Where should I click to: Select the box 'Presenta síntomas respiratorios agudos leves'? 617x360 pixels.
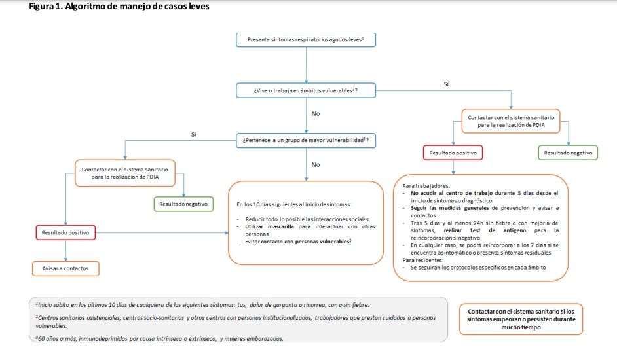coord(306,39)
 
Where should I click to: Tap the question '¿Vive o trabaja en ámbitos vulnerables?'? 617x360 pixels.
coord(306,88)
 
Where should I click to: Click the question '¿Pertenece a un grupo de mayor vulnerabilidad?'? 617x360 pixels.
coord(306,141)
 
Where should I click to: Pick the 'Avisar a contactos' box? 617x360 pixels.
coord(65,268)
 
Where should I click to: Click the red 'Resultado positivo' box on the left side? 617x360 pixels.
coord(65,232)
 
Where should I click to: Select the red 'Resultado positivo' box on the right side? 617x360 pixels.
coord(453,153)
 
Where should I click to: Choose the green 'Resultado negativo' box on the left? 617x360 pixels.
coord(184,204)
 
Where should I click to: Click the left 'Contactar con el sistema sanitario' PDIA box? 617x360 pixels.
coord(125,172)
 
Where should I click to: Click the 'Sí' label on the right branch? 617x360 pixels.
coord(446,84)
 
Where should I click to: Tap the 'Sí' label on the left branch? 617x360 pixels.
coord(193,134)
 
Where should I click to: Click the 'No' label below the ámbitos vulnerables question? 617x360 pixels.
coord(316,113)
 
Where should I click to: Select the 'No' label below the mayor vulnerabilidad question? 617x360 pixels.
coord(316,164)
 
